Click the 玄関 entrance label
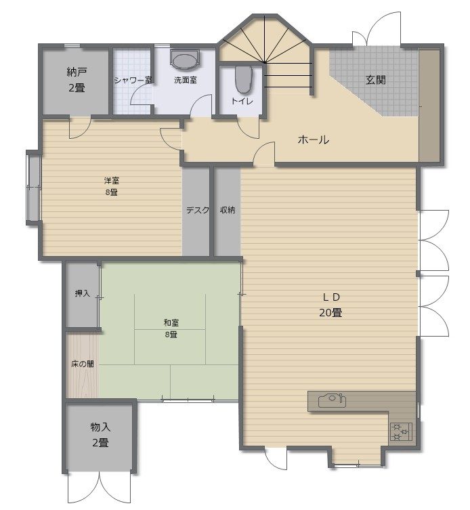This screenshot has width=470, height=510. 376,80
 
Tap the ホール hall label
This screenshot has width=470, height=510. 314,140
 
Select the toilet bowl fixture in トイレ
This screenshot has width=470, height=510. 243,80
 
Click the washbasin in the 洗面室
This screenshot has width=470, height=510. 185,60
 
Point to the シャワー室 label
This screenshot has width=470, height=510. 133,80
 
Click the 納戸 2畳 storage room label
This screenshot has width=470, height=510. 77,80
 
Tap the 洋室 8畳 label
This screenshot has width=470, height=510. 112,186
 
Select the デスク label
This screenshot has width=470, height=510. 198,210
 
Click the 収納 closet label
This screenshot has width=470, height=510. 228,210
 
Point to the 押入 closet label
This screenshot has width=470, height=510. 83,293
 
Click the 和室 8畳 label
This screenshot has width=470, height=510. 171,328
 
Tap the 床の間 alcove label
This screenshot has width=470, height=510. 83,364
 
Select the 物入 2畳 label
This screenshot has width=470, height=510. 100,435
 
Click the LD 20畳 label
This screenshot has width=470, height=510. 330,305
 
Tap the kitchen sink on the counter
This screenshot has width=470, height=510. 332,400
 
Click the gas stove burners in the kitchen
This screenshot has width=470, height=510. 401,431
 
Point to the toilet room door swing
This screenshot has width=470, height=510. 249,128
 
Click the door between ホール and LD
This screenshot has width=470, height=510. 264,154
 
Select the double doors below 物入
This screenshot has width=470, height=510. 99,488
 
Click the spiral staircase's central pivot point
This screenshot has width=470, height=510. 264,62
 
